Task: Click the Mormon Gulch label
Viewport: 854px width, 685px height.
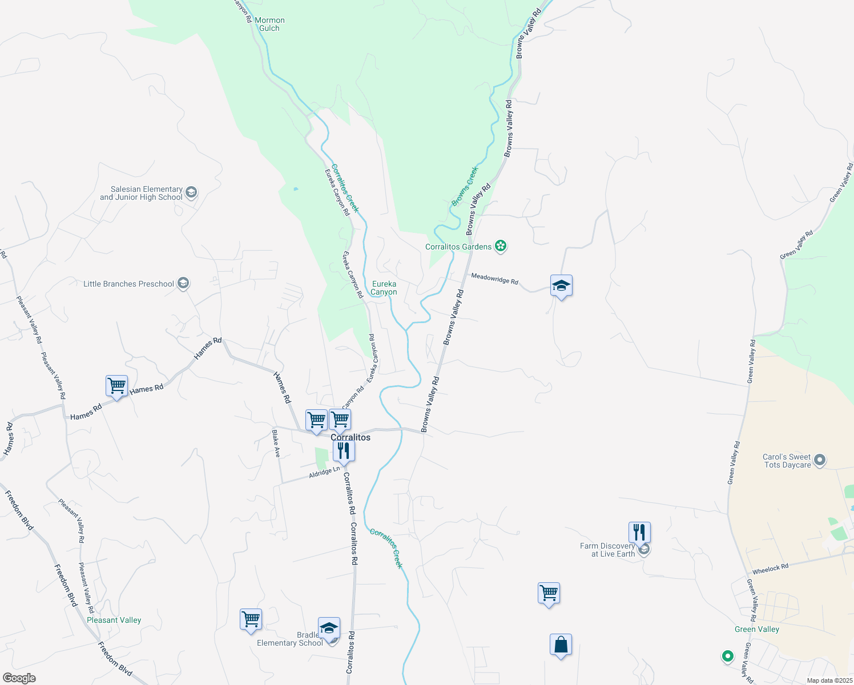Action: coord(269,24)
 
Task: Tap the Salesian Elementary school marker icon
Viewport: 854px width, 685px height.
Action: coord(191,192)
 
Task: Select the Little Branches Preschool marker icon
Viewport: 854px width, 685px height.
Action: coord(183,283)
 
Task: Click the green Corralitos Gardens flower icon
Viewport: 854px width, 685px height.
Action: coord(501,246)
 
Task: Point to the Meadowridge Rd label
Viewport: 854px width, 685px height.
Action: coord(494,279)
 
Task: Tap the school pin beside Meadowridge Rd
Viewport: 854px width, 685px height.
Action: coord(561,286)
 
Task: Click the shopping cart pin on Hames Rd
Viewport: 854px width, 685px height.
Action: coord(116,386)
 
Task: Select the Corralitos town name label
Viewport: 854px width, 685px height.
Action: coord(351,437)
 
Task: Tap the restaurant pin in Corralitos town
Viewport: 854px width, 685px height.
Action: coord(344,451)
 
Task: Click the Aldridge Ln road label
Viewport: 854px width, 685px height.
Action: coord(324,472)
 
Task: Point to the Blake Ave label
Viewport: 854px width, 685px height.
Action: coord(276,444)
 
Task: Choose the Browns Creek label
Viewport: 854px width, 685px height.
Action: coord(464,186)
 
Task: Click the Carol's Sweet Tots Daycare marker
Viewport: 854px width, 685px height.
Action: coord(820,460)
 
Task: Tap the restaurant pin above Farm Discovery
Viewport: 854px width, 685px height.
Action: coord(639,533)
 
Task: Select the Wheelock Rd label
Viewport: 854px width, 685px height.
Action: coord(770,569)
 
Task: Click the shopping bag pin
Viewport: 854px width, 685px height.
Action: coord(561,645)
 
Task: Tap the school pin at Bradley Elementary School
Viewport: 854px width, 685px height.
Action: coord(329,628)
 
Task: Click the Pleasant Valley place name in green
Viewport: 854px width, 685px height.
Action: coord(114,620)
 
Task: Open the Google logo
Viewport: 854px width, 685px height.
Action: coord(19,678)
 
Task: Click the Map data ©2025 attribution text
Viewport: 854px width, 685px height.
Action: coord(829,680)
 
